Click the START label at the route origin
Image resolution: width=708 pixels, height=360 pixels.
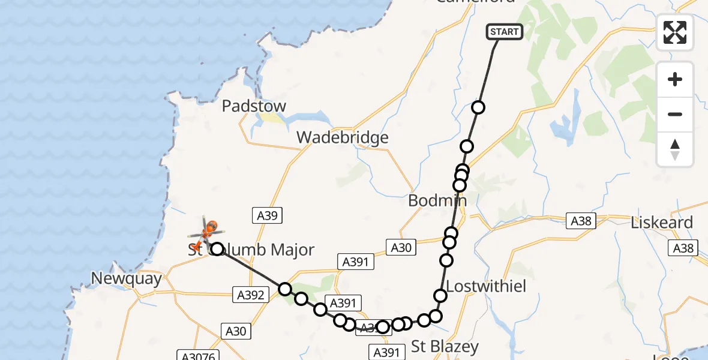click(x=504, y=32)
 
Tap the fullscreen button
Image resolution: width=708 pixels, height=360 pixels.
click(x=675, y=32)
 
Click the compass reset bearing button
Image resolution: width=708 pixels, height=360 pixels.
click(x=675, y=149)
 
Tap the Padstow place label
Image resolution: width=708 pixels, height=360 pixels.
click(x=254, y=106)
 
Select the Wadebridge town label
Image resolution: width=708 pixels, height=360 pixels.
click(x=343, y=138)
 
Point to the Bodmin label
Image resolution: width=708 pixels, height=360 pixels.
click(x=437, y=200)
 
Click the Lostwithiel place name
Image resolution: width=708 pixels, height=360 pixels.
click(x=487, y=286)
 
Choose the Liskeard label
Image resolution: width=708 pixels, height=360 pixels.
click(x=662, y=223)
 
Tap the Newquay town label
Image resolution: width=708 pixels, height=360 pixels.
click(x=127, y=278)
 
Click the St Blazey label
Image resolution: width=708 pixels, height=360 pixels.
click(x=445, y=346)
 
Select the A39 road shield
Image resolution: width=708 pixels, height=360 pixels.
click(x=265, y=216)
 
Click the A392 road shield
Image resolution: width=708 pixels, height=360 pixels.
click(x=248, y=295)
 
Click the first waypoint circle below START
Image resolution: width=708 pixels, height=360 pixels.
click(x=478, y=108)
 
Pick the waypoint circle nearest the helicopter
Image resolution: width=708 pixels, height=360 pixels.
click(x=217, y=248)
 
